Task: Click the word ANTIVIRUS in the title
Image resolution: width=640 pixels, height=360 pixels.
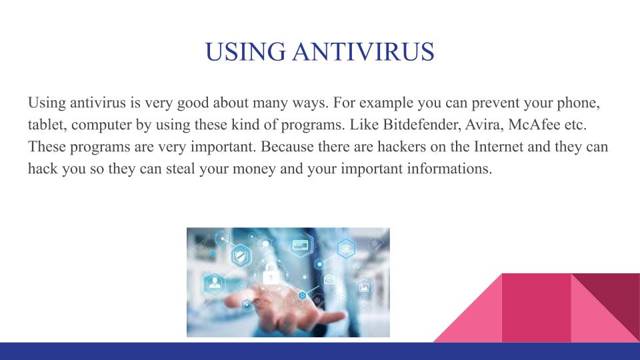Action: click(363, 52)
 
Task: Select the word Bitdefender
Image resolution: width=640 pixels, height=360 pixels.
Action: click(421, 125)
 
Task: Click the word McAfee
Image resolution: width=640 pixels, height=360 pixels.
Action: click(534, 125)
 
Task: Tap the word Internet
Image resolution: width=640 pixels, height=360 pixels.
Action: click(499, 147)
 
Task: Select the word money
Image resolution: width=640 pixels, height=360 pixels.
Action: click(254, 169)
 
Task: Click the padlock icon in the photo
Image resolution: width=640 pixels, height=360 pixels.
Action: click(271, 273)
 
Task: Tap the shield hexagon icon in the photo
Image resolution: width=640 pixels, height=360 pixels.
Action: click(241, 256)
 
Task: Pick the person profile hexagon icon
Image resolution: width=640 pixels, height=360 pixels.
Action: click(214, 283)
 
